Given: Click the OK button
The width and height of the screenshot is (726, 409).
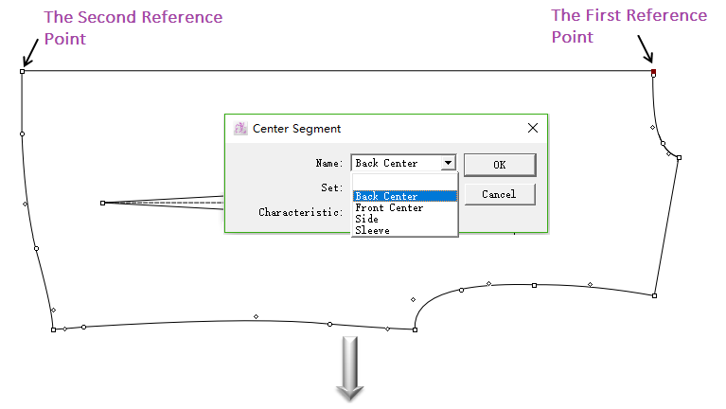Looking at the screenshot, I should click(x=500, y=165).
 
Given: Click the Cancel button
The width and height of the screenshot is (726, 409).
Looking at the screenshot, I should click(x=499, y=194).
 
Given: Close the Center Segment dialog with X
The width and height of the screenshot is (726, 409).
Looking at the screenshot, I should click(x=533, y=128).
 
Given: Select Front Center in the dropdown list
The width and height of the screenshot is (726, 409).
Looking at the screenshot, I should click(x=389, y=207).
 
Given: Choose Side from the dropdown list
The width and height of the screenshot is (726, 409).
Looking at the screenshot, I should click(x=367, y=219).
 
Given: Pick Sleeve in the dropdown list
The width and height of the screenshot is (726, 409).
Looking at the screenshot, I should click(x=372, y=230).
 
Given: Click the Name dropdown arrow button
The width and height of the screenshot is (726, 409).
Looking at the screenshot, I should click(x=448, y=163).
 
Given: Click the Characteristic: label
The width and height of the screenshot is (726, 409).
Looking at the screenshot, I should click(x=299, y=212).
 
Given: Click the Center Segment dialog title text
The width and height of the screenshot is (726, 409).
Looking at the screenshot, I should click(x=297, y=128).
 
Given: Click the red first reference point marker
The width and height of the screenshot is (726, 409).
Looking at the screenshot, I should click(x=653, y=71).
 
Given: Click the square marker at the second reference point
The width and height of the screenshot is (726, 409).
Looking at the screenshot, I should click(x=22, y=71).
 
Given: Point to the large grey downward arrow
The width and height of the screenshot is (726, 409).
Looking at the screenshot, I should click(x=351, y=368).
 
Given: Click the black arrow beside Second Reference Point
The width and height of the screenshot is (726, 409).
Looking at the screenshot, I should click(x=30, y=56).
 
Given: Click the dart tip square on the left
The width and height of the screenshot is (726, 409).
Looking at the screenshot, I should click(x=102, y=203).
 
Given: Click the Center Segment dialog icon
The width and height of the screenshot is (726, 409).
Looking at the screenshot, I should click(x=240, y=128).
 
